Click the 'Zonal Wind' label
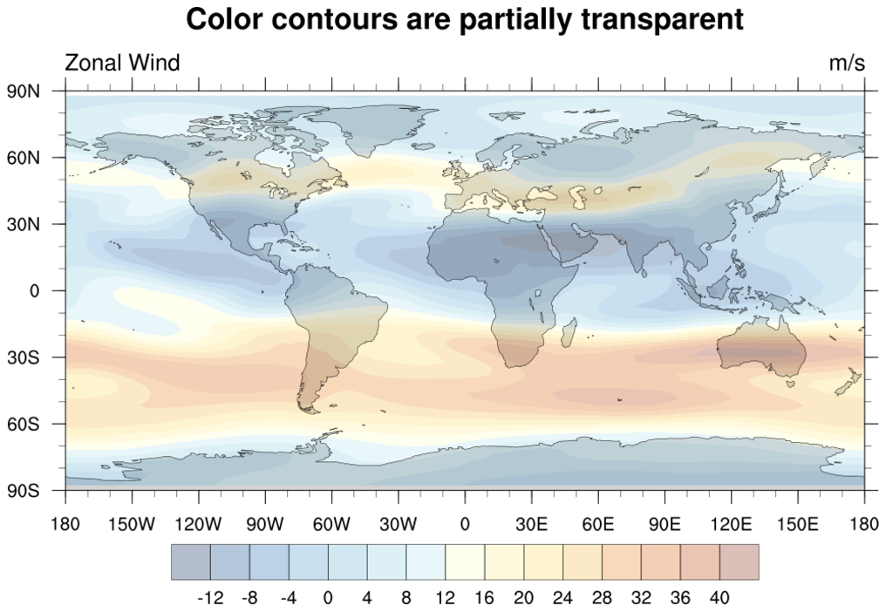tap(122, 63)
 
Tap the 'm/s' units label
tap(847, 63)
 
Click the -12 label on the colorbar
tap(210, 598)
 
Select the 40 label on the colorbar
tap(719, 598)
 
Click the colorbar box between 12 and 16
tap(465, 562)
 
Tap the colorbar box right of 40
tap(739, 562)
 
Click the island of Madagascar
tap(569, 332)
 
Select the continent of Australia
tap(761, 349)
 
